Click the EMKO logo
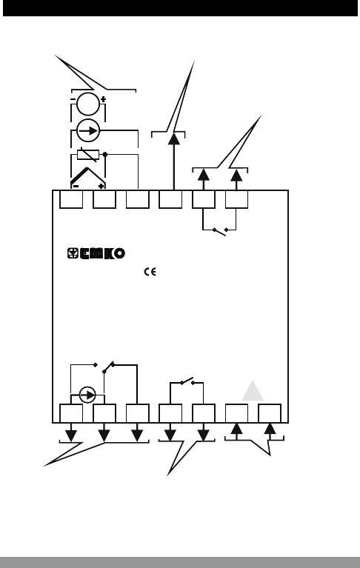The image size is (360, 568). [x=96, y=253]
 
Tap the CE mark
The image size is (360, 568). [x=150, y=272]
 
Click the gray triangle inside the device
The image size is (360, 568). [x=253, y=390]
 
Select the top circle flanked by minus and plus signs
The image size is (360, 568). [x=88, y=104]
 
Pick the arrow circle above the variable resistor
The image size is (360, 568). [x=88, y=130]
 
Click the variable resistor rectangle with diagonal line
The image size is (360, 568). [x=88, y=155]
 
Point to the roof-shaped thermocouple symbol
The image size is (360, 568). [x=88, y=176]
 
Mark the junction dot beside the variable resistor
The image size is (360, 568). [x=105, y=154]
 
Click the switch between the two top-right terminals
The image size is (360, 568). [x=220, y=231]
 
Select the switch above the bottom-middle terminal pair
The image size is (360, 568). [x=187, y=381]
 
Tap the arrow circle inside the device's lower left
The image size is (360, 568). [x=87, y=395]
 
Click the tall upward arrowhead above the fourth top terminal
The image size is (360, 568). [x=174, y=139]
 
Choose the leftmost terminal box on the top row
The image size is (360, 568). [x=71, y=199]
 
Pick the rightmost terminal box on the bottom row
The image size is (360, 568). [x=270, y=413]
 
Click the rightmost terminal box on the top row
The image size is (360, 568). [x=236, y=199]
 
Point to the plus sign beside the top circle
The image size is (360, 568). [x=103, y=99]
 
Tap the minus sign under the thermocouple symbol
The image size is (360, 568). [x=76, y=186]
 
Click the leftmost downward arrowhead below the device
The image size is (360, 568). [x=71, y=435]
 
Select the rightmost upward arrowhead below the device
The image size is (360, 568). [x=270, y=429]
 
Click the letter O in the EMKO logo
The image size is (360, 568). [x=119, y=253]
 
